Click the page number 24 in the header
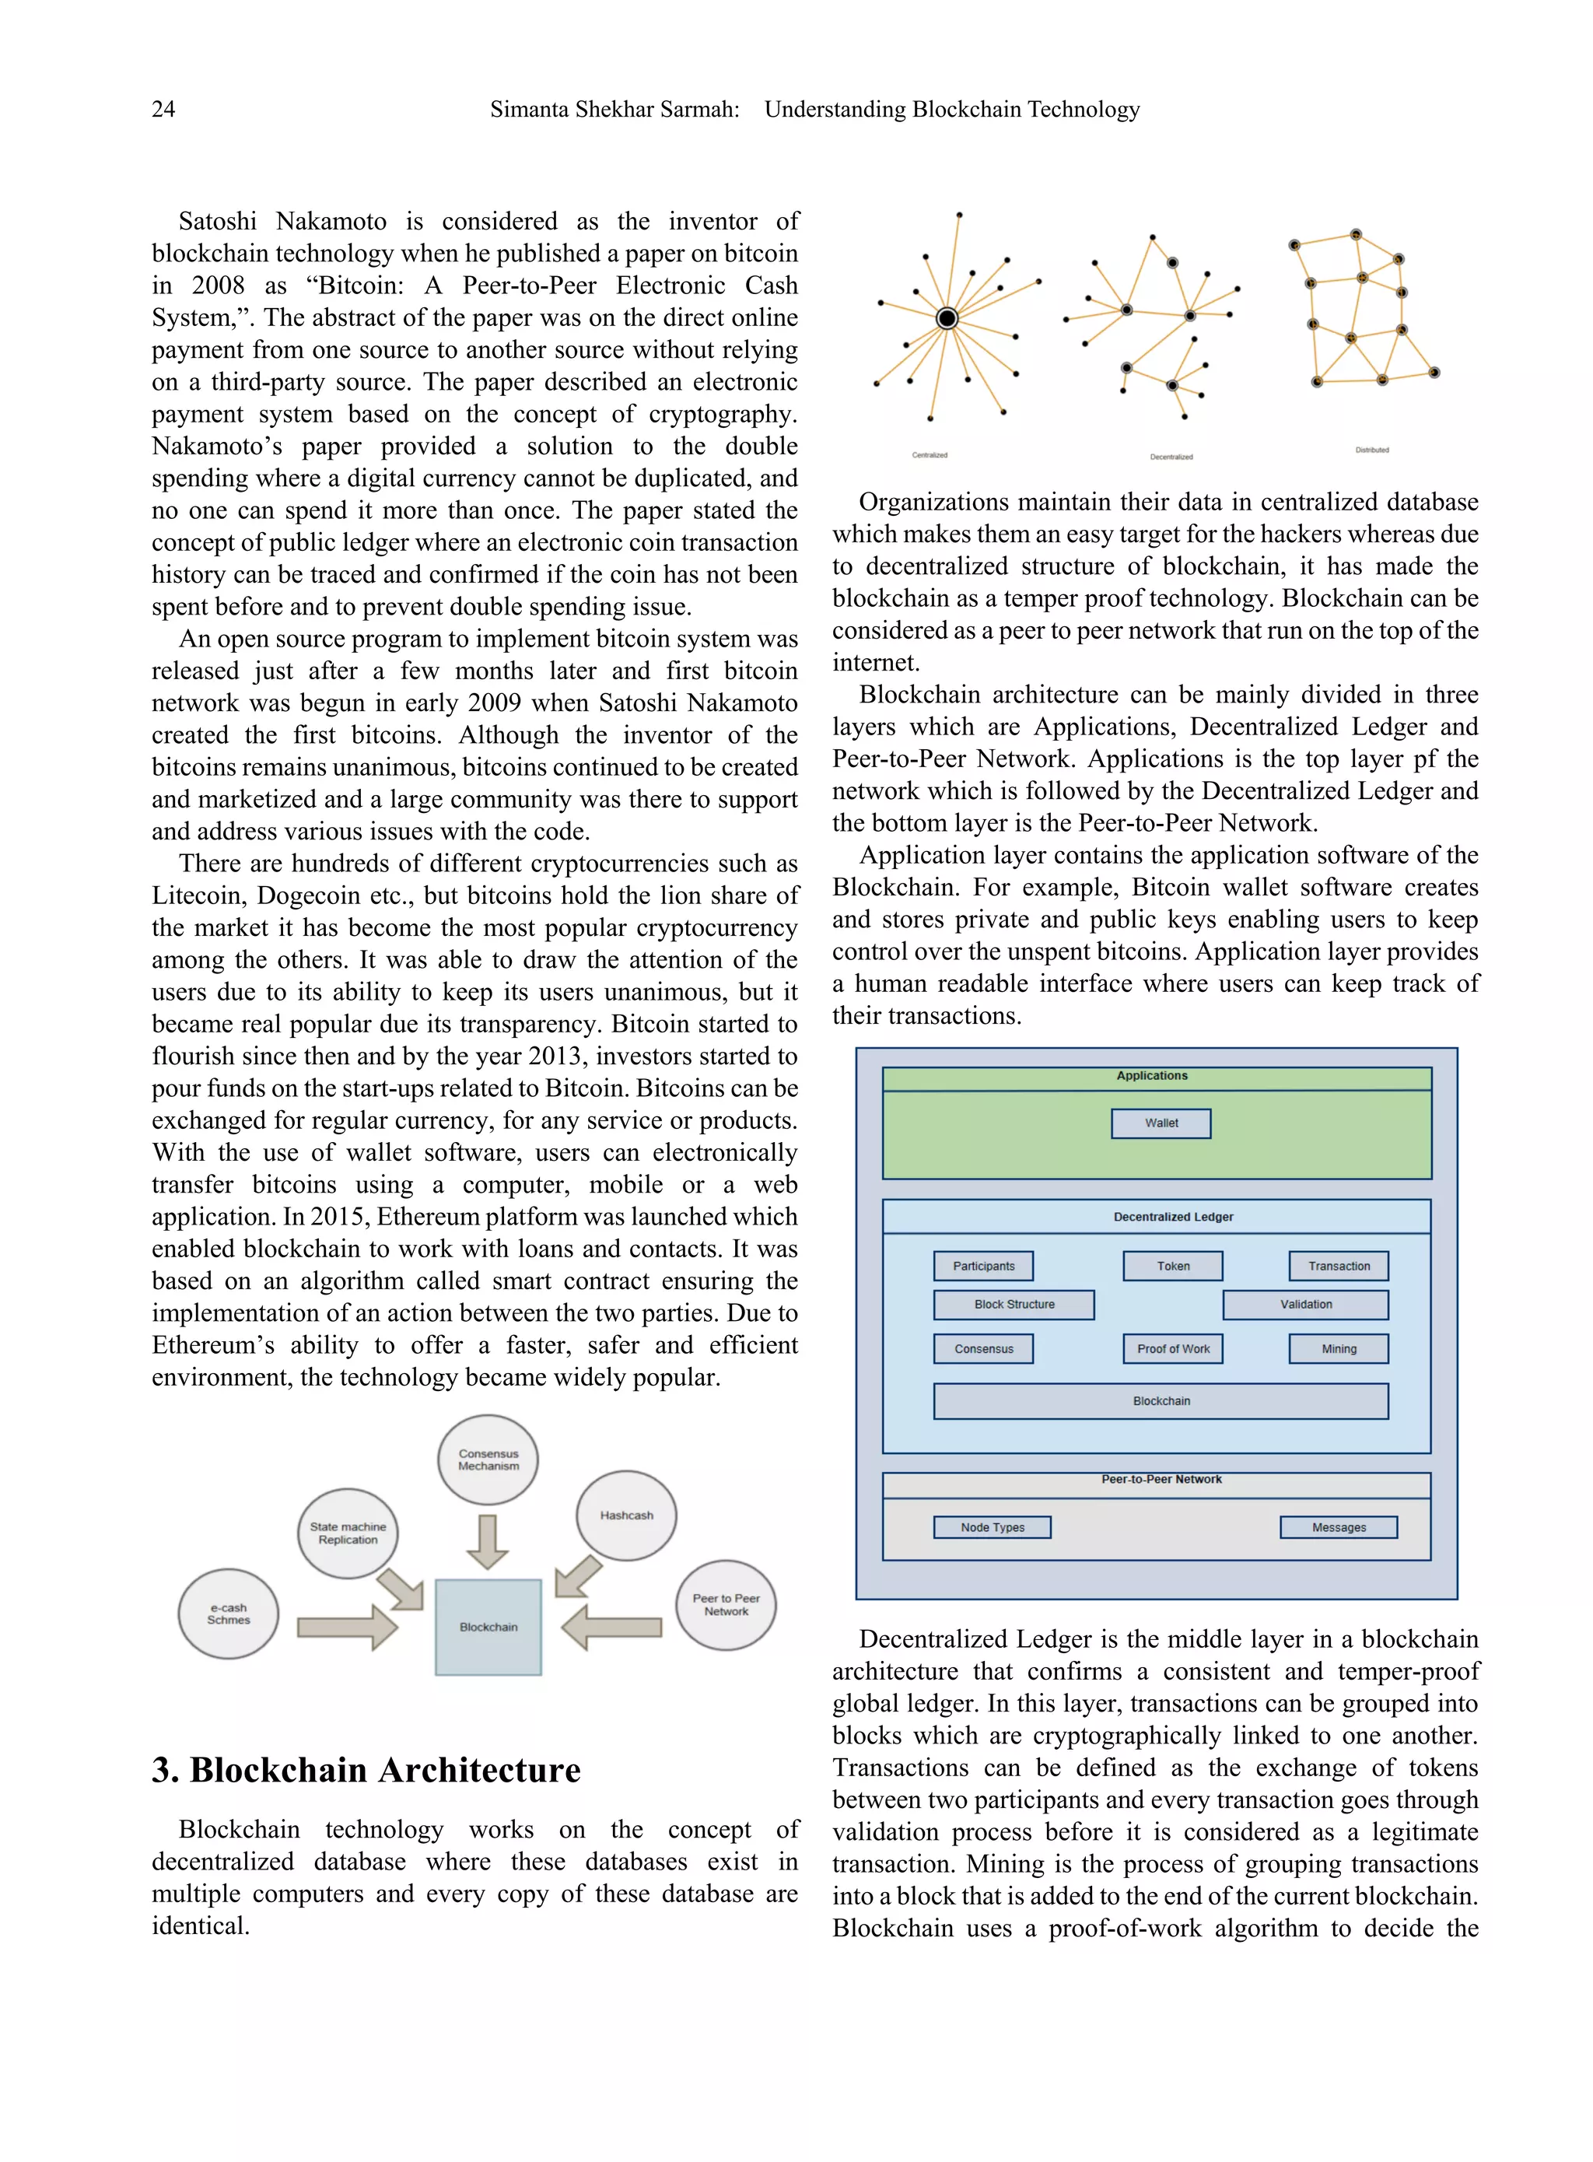pos(163,109)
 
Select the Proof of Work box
pos(1171,1348)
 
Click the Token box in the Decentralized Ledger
pos(1171,1265)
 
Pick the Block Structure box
pos(1013,1304)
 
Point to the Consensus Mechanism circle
pos(488,1459)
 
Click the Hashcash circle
pos(626,1515)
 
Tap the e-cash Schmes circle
pos(229,1614)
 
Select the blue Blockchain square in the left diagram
pos(488,1627)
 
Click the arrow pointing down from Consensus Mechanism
pos(487,1541)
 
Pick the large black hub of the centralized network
pos(947,317)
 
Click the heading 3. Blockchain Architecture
pos(366,1770)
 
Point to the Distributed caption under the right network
pos(1371,450)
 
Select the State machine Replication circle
pos(348,1533)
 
